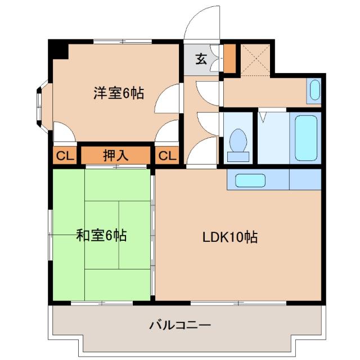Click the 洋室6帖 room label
pyautogui.click(x=118, y=93)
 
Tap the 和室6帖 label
pyautogui.click(x=101, y=235)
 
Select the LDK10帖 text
pyautogui.click(x=230, y=237)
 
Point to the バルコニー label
pyautogui.click(x=180, y=325)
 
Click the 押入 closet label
pyautogui.click(x=116, y=155)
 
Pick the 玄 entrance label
pyautogui.click(x=200, y=57)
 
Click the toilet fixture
pyautogui.click(x=238, y=144)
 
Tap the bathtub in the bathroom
pyautogui.click(x=306, y=137)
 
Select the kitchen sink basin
pyautogui.click(x=250, y=181)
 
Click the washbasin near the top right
pyautogui.click(x=315, y=90)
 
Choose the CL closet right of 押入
pyautogui.click(x=166, y=155)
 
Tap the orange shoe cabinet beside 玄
pyautogui.click(x=229, y=58)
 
